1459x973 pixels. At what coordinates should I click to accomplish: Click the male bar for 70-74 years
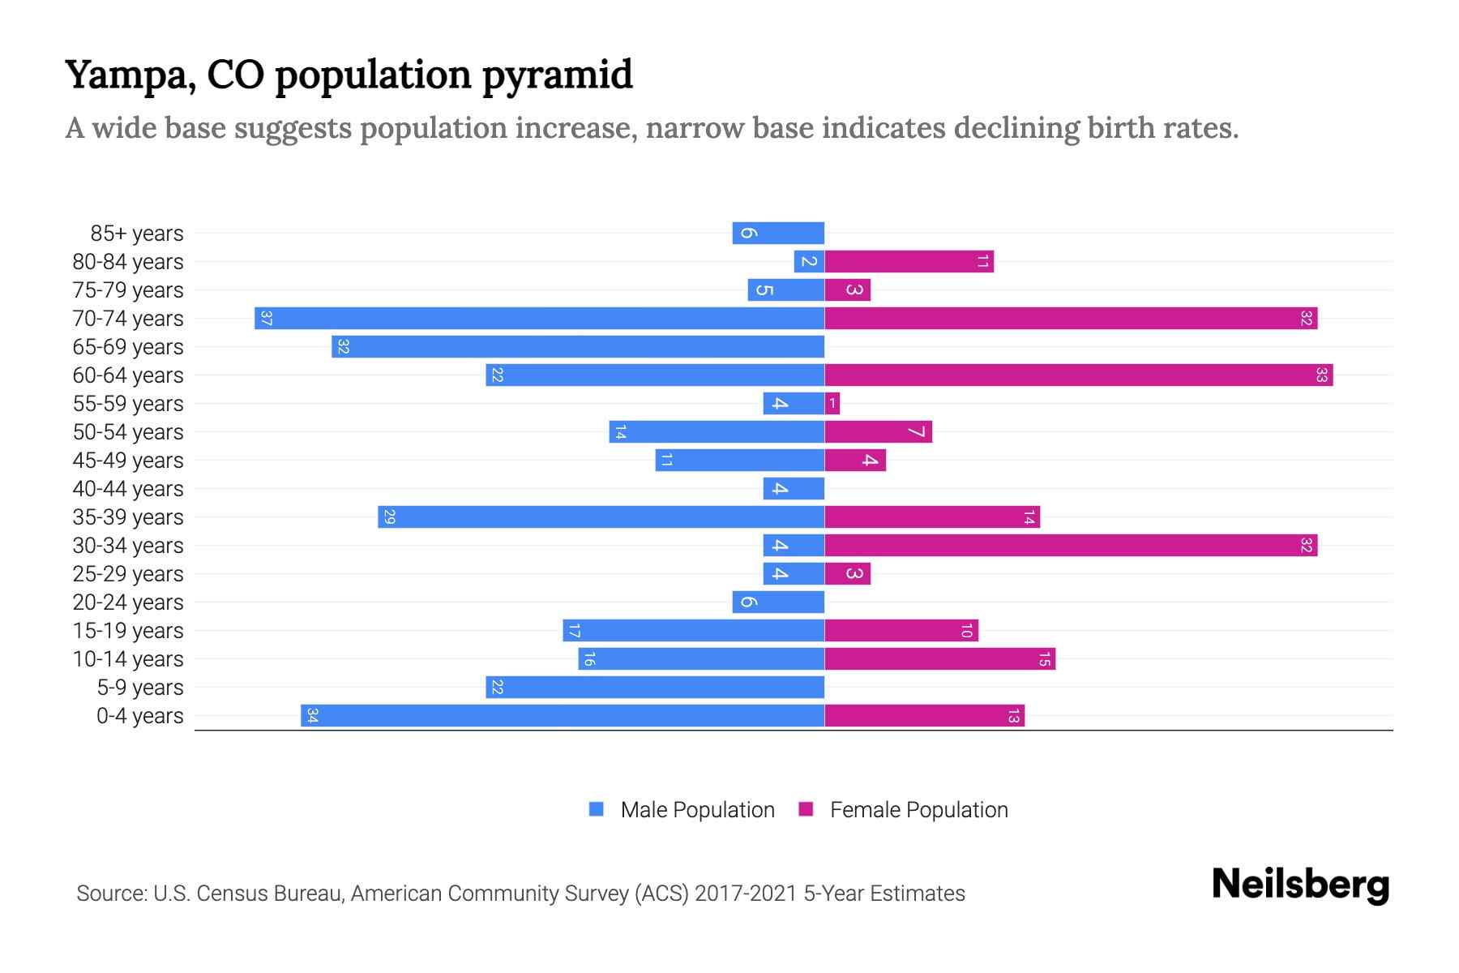pos(539,318)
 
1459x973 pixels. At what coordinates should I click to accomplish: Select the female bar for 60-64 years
pos(1078,375)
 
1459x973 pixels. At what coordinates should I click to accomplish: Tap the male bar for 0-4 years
pos(563,715)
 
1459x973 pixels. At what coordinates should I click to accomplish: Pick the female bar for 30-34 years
pos(1070,545)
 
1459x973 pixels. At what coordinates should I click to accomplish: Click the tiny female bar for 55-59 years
pos(832,403)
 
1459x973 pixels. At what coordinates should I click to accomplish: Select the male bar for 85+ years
pos(778,233)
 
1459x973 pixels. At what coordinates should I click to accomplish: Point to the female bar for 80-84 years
pos(909,261)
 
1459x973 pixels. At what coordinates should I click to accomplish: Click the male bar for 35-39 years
pos(601,517)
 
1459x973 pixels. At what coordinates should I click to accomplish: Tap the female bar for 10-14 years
pos(939,658)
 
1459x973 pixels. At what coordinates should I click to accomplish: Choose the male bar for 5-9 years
pos(655,687)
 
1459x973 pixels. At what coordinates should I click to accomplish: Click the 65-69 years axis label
pos(128,347)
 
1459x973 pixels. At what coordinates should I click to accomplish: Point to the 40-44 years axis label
pos(128,489)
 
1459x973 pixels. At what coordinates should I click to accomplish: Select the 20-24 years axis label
pos(128,602)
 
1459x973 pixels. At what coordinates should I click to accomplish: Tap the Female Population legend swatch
pos(806,808)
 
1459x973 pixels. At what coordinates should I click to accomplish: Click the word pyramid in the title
pos(557,75)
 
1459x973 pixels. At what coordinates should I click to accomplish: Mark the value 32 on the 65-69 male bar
pos(343,347)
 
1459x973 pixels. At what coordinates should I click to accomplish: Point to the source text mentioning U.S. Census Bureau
pos(520,893)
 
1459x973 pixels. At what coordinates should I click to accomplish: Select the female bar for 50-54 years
pos(878,431)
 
